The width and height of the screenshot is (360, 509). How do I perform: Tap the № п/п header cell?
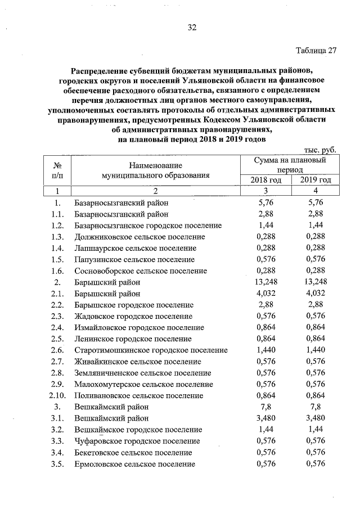click(57, 170)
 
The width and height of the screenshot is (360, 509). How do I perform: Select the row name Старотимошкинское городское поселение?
click(151, 350)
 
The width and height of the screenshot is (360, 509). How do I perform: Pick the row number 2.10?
click(57, 395)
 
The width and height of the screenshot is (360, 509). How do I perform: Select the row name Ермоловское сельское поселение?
click(135, 464)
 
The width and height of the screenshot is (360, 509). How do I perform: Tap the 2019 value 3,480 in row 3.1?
click(313, 418)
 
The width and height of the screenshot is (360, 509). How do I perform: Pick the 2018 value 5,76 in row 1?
click(264, 202)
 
